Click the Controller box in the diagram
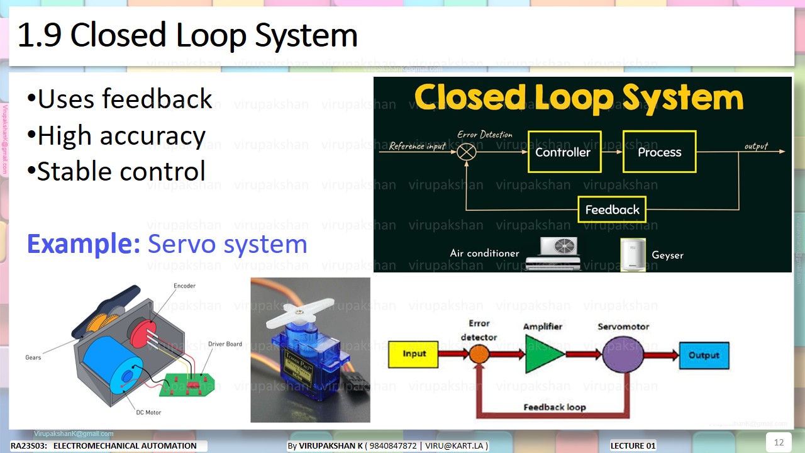(563, 152)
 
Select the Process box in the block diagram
(659, 152)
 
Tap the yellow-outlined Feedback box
(612, 210)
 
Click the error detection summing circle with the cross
(467, 151)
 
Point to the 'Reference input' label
(418, 146)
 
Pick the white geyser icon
(633, 254)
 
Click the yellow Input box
(414, 354)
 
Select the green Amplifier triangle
(543, 355)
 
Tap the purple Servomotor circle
(623, 355)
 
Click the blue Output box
(703, 355)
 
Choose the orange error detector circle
(479, 354)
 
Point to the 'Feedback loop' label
(554, 407)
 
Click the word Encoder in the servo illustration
(184, 286)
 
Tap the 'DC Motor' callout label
(148, 413)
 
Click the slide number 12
(779, 442)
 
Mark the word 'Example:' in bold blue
(83, 244)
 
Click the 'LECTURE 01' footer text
(633, 446)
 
